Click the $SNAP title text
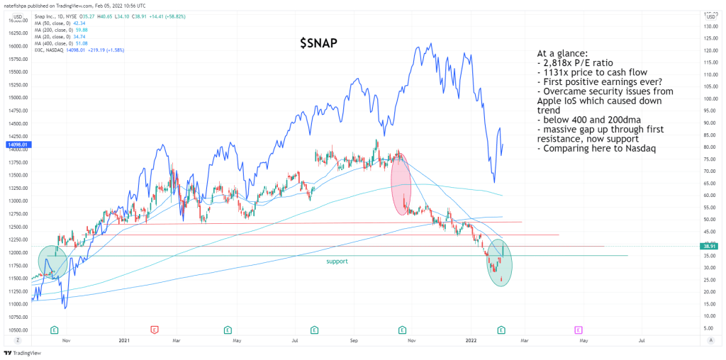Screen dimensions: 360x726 click(318, 44)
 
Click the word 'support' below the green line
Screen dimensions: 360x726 click(337, 261)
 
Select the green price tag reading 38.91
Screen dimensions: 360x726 click(709, 247)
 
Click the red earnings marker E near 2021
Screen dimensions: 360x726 click(155, 330)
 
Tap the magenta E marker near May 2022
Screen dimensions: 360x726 click(579, 330)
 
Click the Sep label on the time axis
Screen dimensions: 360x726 click(352, 341)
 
